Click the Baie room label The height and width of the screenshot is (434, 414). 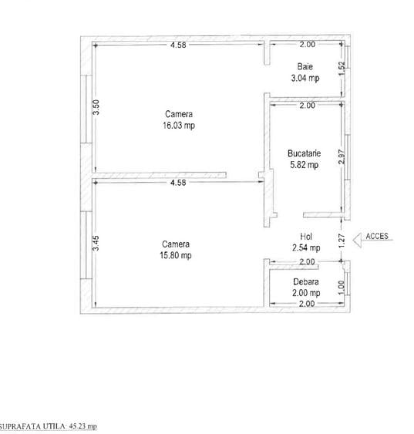[305, 66]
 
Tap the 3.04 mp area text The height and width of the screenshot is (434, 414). [305, 78]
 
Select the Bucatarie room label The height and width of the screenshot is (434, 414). [302, 152]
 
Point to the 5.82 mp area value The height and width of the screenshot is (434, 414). [302, 163]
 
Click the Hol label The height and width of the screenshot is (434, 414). [305, 237]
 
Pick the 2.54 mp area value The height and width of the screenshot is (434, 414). [305, 247]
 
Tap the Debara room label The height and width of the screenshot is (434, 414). [305, 281]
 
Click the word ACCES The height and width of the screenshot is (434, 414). [378, 236]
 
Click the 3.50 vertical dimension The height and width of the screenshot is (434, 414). [96, 108]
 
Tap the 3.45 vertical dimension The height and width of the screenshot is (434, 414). [96, 244]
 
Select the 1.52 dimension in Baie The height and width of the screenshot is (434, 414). [341, 69]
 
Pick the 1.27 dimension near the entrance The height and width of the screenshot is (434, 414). [341, 240]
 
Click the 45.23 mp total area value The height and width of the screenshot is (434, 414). [83, 426]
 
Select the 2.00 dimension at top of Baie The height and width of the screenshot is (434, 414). [306, 45]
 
